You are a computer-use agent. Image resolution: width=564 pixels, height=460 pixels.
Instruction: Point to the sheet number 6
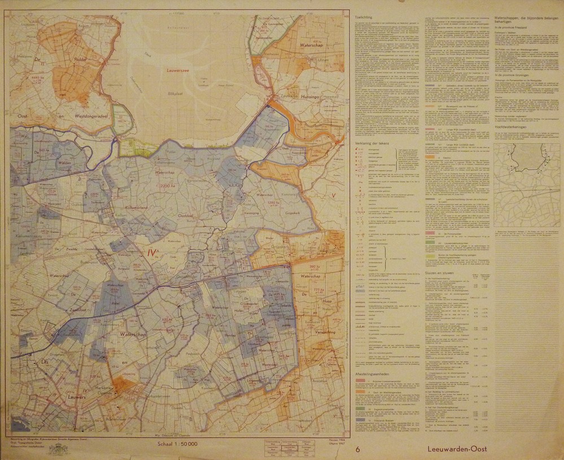(x=357, y=449)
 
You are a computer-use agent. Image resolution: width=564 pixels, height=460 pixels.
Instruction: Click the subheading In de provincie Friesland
(x=514, y=27)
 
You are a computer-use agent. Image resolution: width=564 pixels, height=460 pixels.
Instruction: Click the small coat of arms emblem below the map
(x=56, y=449)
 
